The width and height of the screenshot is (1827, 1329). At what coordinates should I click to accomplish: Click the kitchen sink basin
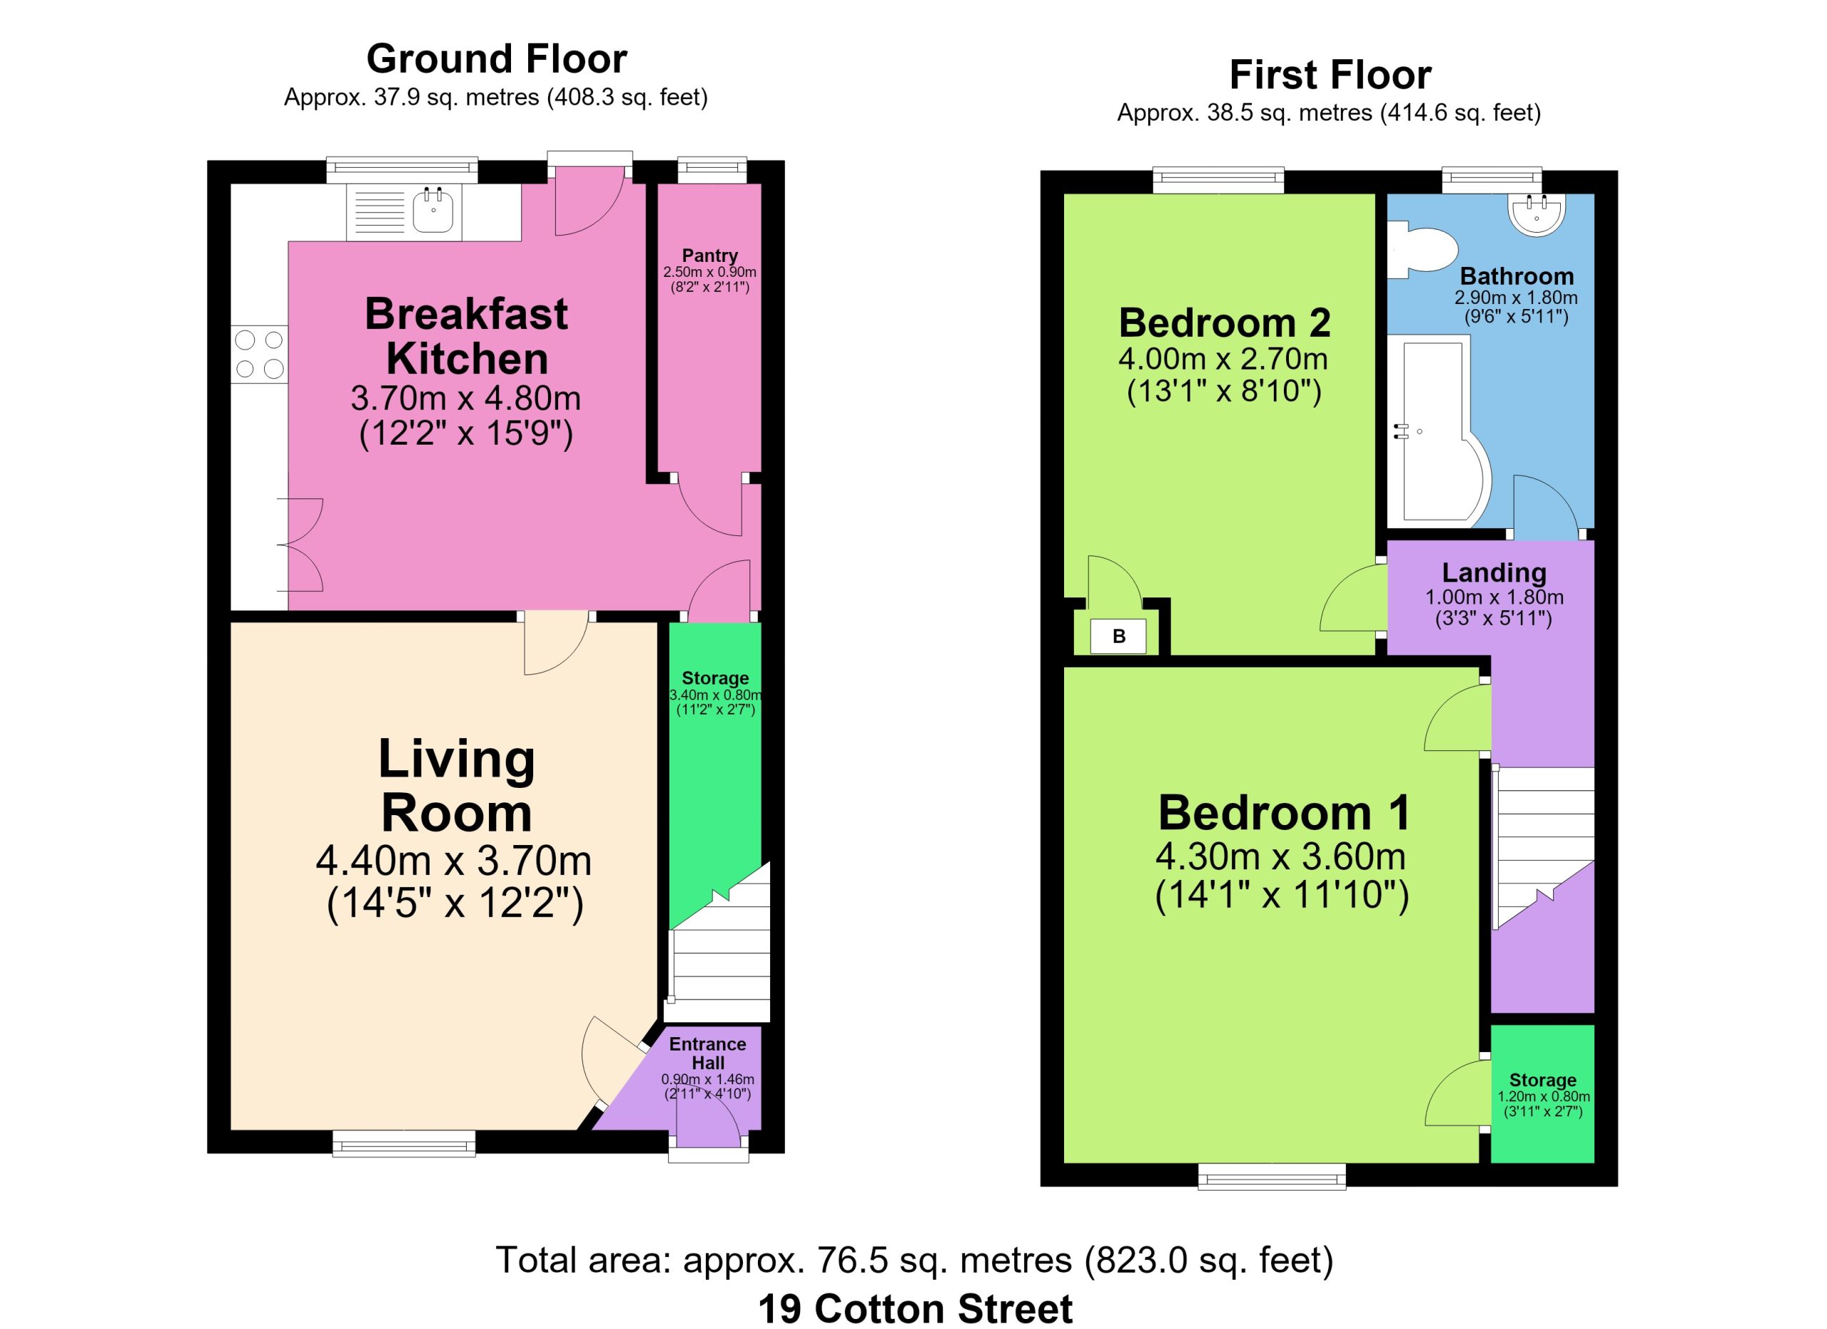[x=433, y=211]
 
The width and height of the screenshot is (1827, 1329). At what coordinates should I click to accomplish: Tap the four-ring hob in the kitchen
[x=259, y=355]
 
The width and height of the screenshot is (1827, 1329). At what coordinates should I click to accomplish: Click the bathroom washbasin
[x=1537, y=215]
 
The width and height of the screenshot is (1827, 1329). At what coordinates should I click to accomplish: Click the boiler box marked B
[x=1118, y=637]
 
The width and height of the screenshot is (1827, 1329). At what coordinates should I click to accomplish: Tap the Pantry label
[x=709, y=256]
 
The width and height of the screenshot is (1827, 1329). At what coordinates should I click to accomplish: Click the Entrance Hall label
[x=707, y=1053]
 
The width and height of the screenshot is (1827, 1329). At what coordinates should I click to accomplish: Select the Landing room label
[x=1494, y=572]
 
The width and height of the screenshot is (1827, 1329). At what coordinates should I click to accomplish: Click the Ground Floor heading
[x=496, y=59]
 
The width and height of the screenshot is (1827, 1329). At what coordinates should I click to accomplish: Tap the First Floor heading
[x=1330, y=75]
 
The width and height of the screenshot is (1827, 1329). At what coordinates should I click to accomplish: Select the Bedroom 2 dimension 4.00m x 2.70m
[x=1223, y=358]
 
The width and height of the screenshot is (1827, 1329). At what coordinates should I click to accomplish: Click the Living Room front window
[x=404, y=1143]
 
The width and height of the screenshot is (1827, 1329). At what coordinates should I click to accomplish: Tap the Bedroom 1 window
[x=1272, y=1176]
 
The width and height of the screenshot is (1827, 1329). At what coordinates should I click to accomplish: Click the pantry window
[x=712, y=171]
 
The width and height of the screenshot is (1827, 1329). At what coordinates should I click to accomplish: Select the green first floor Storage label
[x=1543, y=1080]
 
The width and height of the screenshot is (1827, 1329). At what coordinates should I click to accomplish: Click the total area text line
[x=914, y=1260]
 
